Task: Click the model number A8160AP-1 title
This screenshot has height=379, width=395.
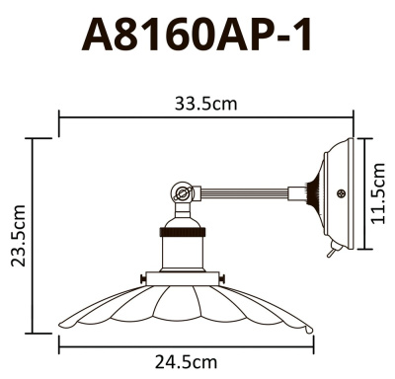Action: [197, 36]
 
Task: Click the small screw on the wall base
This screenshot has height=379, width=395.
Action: [342, 194]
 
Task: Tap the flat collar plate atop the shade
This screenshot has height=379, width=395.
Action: [184, 279]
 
